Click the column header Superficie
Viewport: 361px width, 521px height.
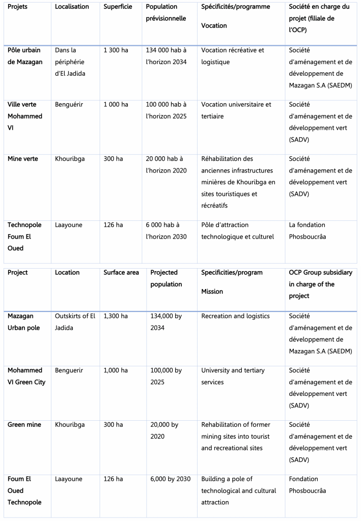click(x=119, y=7)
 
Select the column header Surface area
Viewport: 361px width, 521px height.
click(x=121, y=273)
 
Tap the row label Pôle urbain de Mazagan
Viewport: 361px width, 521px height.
click(x=25, y=56)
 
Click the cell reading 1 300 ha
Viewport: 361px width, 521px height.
click(x=116, y=50)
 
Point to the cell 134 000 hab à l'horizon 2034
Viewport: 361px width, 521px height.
click(x=166, y=56)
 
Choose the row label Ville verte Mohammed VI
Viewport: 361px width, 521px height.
click(x=25, y=116)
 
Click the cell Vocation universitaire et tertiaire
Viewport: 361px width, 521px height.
click(x=236, y=110)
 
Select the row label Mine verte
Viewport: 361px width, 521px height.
click(x=23, y=159)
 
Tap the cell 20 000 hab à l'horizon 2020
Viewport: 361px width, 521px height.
click(x=166, y=164)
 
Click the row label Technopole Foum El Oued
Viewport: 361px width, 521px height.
click(x=24, y=236)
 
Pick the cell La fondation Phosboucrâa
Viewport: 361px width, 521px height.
click(x=307, y=230)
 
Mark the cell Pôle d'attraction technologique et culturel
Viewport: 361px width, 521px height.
click(x=237, y=230)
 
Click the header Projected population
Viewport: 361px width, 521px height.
click(x=166, y=278)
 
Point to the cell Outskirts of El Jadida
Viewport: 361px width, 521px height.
click(x=75, y=322)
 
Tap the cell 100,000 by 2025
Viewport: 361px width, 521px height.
click(x=166, y=376)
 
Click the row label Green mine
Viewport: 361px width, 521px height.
click(x=24, y=424)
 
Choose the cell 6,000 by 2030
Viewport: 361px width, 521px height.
click(x=171, y=479)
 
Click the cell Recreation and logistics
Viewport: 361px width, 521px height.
click(x=235, y=316)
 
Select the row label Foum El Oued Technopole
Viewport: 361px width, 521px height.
click(x=24, y=490)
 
